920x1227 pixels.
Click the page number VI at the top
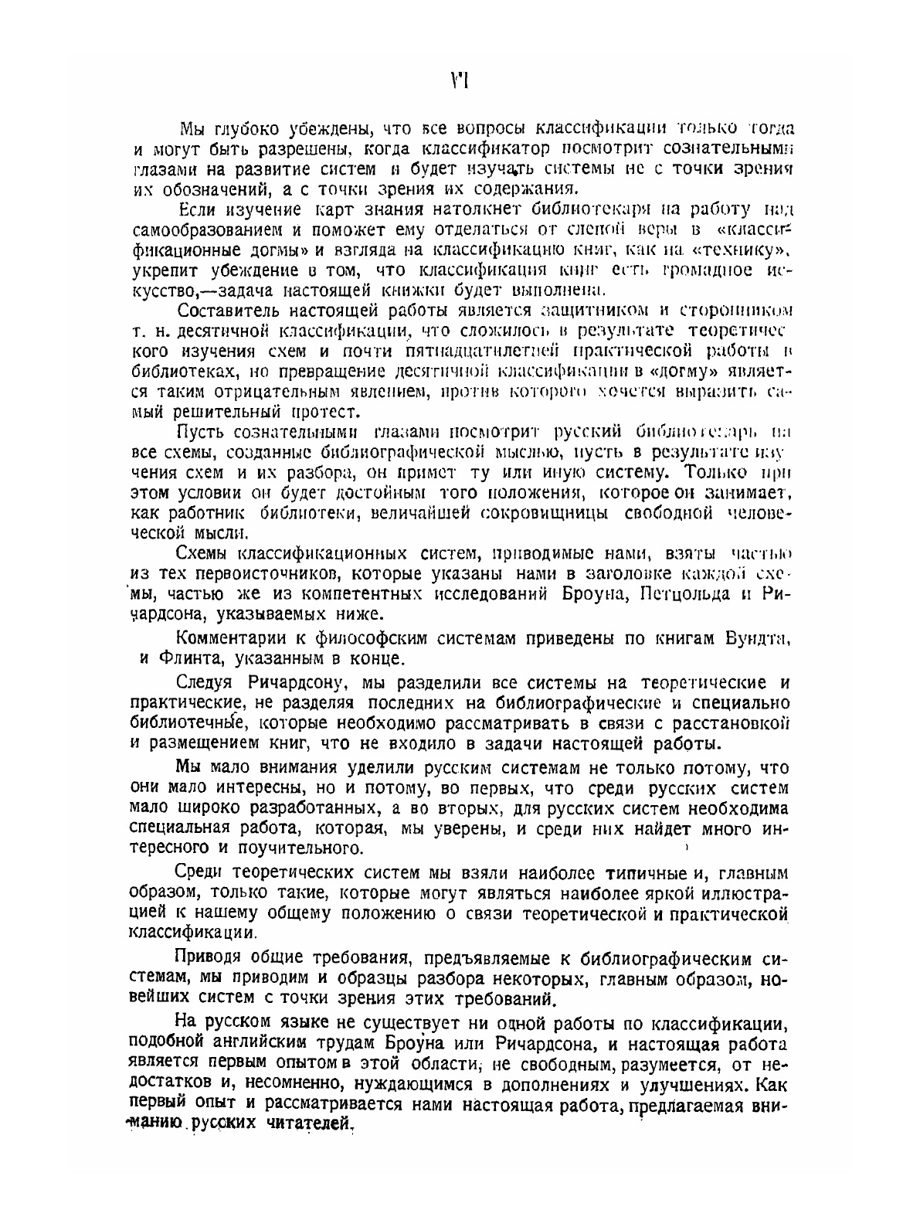pyautogui.click(x=460, y=80)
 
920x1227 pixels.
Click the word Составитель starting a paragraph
pyautogui.click(x=226, y=311)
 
